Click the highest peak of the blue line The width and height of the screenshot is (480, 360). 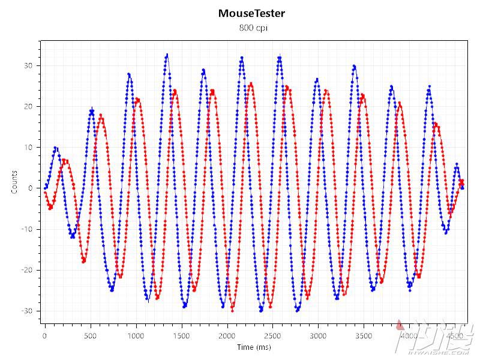click(x=167, y=55)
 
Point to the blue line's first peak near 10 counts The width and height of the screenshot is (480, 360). click(x=55, y=148)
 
